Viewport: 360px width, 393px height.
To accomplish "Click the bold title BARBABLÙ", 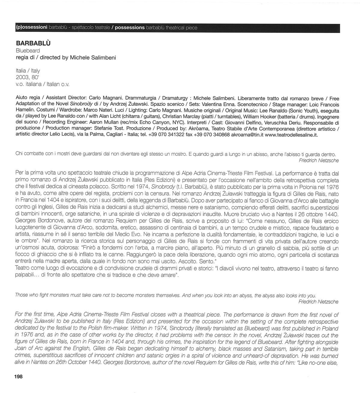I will click(33, 43).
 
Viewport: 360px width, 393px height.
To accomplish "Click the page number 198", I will click(18, 376).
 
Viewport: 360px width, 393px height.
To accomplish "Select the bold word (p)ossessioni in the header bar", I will click(31, 28).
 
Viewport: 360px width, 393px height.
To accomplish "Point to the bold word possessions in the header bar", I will click(130, 28).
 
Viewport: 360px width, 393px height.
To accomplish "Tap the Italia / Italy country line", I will click(28, 71).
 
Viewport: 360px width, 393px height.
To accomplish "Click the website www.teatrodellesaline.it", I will click(291, 135).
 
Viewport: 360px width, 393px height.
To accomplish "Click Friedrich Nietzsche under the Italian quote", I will click(319, 160).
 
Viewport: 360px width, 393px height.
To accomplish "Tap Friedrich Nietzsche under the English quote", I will click(319, 302).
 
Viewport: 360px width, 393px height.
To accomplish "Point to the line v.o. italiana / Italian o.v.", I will click(42, 84).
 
